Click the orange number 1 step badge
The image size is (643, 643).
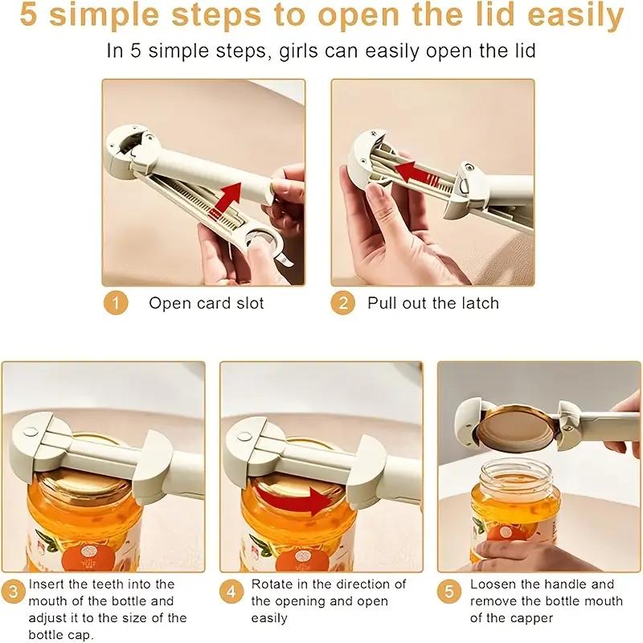(116, 303)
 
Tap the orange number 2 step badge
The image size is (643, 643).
(343, 303)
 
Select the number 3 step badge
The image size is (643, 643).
(13, 592)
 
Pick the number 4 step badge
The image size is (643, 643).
(231, 592)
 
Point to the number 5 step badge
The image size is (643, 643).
(449, 592)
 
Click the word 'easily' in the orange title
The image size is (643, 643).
(575, 15)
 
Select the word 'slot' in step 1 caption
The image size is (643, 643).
(250, 303)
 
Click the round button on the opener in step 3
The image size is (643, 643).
(31, 431)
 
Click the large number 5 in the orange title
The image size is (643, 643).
(29, 15)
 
